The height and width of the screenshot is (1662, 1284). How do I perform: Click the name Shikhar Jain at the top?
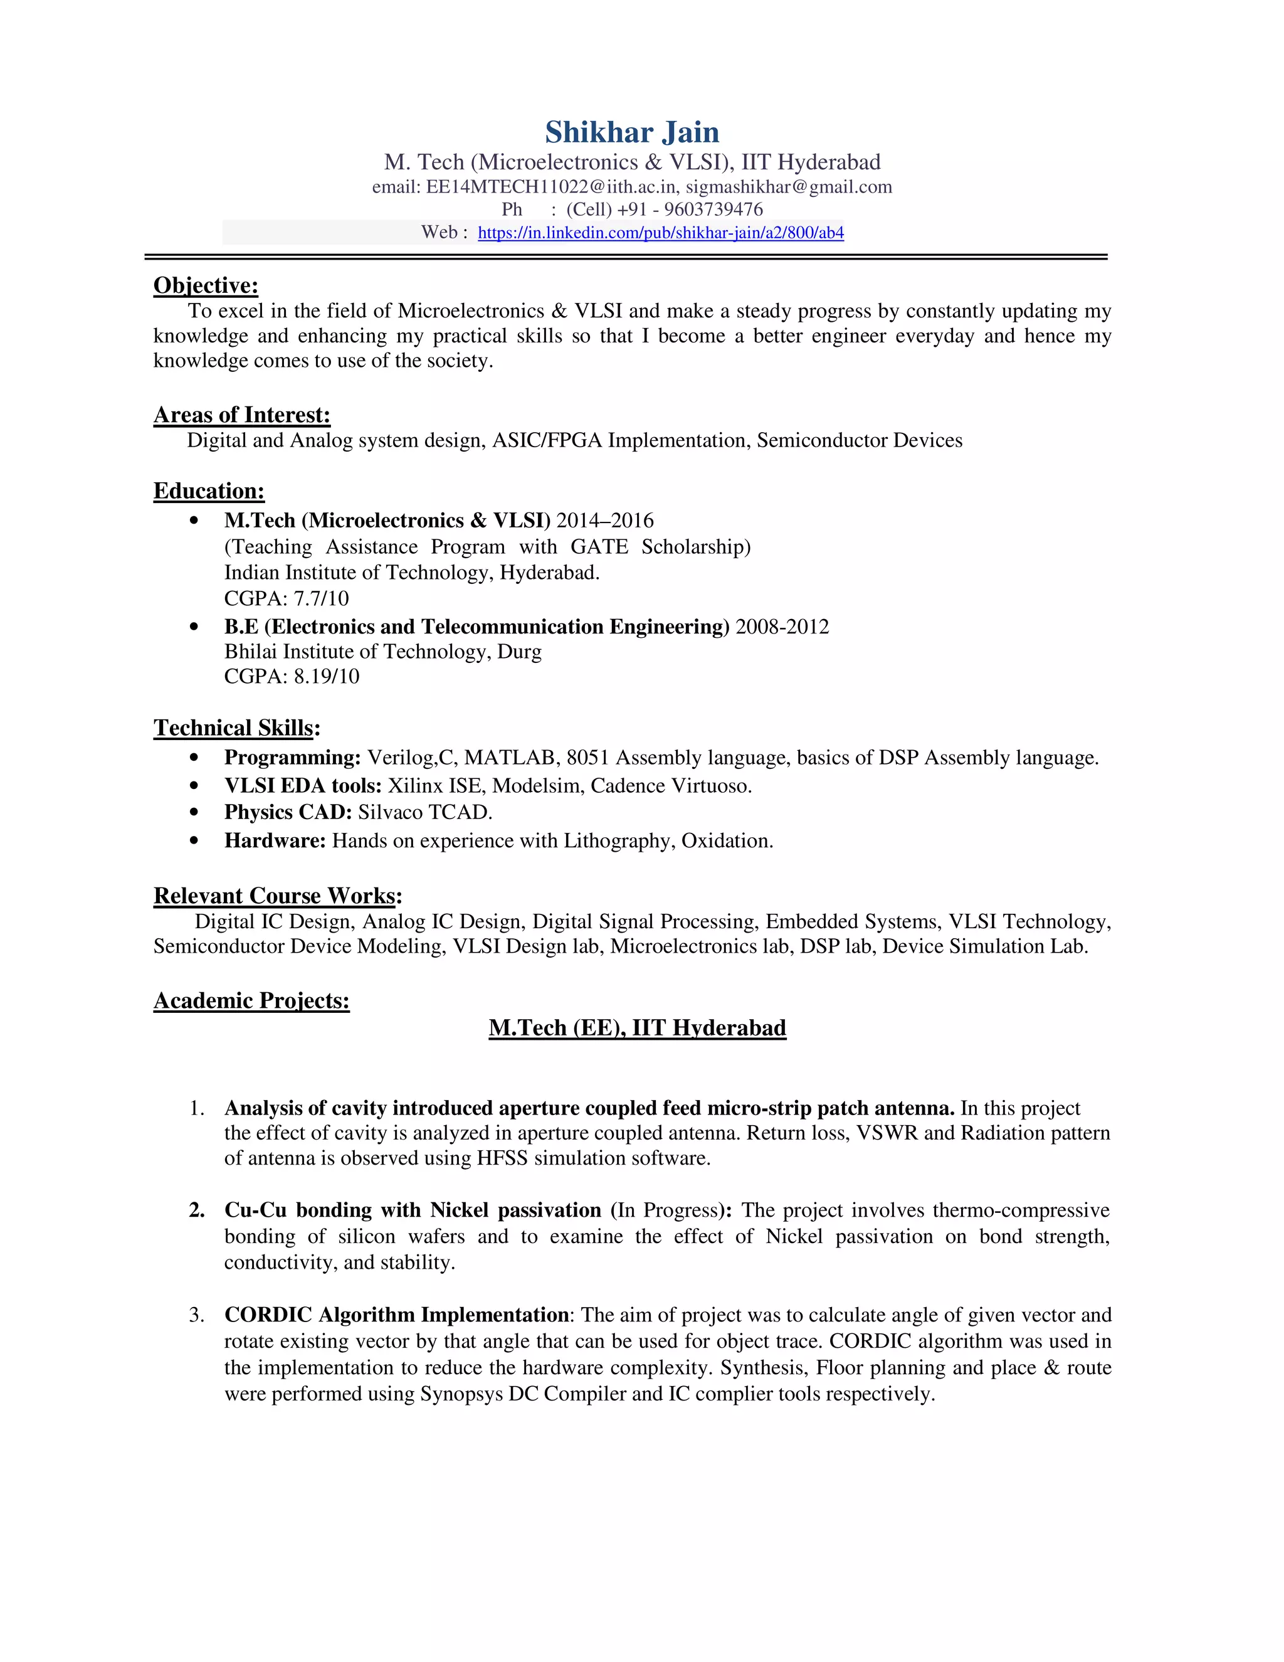point(631,132)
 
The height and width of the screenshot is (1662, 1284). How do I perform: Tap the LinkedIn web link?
point(660,233)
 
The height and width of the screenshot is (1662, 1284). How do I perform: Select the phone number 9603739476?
point(713,209)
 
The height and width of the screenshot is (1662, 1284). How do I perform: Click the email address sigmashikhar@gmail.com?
point(789,187)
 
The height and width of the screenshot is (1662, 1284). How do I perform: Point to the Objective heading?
point(206,285)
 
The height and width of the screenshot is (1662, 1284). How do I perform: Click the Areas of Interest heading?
point(242,415)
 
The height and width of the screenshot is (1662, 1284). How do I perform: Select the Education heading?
point(209,491)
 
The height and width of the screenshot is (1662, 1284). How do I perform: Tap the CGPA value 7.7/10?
point(321,598)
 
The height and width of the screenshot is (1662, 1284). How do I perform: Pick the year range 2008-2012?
point(782,627)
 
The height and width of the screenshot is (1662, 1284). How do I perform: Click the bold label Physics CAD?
point(288,813)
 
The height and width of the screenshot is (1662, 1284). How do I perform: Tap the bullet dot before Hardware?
point(195,841)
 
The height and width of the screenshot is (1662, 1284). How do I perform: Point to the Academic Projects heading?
point(251,1001)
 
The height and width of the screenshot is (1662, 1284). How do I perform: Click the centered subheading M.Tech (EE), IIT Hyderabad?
point(637,1028)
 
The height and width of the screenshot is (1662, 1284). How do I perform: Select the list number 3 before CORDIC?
point(196,1315)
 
